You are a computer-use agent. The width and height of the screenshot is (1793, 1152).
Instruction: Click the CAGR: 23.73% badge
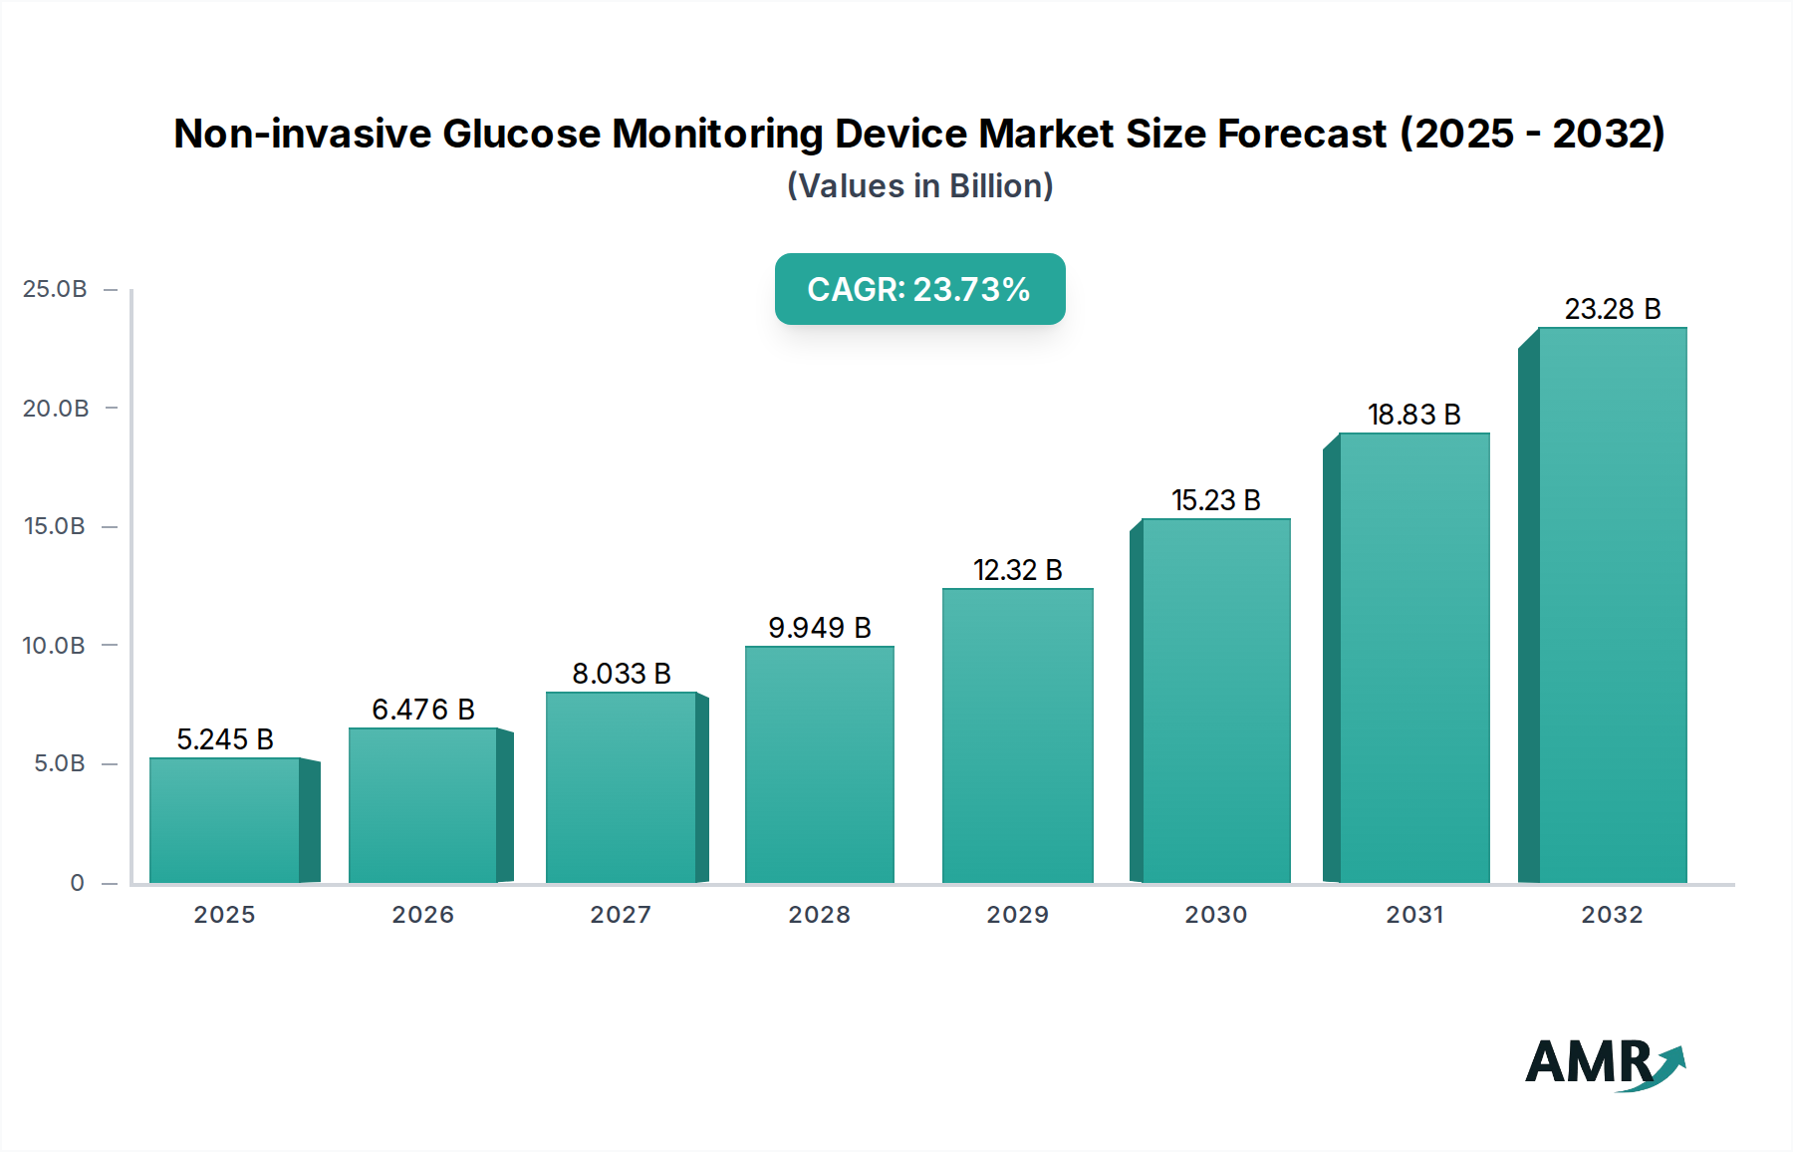tap(919, 289)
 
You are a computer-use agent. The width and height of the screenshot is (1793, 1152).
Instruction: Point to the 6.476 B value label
tap(423, 710)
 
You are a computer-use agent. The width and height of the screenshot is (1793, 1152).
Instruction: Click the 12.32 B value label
tap(1017, 570)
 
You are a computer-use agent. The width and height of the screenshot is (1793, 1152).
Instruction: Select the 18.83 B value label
tap(1413, 415)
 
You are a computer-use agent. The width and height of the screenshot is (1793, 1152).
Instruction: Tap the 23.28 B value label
tap(1612, 309)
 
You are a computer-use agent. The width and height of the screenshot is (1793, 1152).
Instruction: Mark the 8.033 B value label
tap(622, 674)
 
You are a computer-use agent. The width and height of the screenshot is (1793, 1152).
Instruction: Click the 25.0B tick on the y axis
tap(55, 289)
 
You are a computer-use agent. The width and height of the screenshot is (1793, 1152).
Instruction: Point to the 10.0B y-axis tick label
tap(54, 646)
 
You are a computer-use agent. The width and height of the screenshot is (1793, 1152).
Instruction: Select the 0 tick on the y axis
tap(77, 883)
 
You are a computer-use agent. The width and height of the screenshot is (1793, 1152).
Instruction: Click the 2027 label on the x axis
tap(621, 915)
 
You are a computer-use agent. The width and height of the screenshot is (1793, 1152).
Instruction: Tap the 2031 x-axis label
tap(1414, 915)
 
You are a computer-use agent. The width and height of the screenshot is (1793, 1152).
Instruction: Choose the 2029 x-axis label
tap(1017, 915)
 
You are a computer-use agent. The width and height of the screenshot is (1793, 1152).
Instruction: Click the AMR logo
tap(1604, 1064)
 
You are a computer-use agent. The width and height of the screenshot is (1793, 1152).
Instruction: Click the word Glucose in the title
tap(521, 134)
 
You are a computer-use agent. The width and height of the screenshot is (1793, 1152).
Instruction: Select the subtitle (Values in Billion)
tap(919, 186)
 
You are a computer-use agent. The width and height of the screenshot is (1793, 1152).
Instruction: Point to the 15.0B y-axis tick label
tap(54, 526)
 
